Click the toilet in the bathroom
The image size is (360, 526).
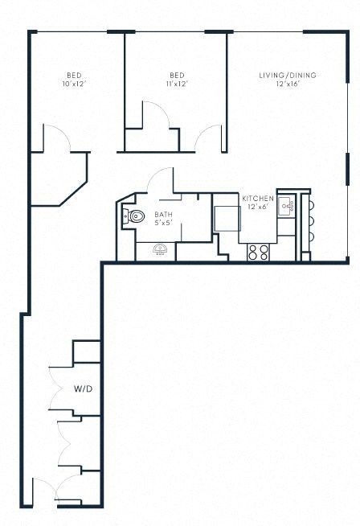(133, 215)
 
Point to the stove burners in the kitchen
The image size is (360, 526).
(259, 252)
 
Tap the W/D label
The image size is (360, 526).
(84, 389)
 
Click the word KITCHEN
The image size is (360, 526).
(258, 199)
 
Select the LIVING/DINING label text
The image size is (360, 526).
(287, 76)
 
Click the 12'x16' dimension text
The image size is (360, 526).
(287, 84)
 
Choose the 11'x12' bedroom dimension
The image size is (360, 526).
(177, 84)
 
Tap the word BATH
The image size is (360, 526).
(163, 215)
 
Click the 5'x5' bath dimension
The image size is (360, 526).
(163, 223)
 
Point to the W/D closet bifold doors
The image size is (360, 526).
(55, 392)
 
